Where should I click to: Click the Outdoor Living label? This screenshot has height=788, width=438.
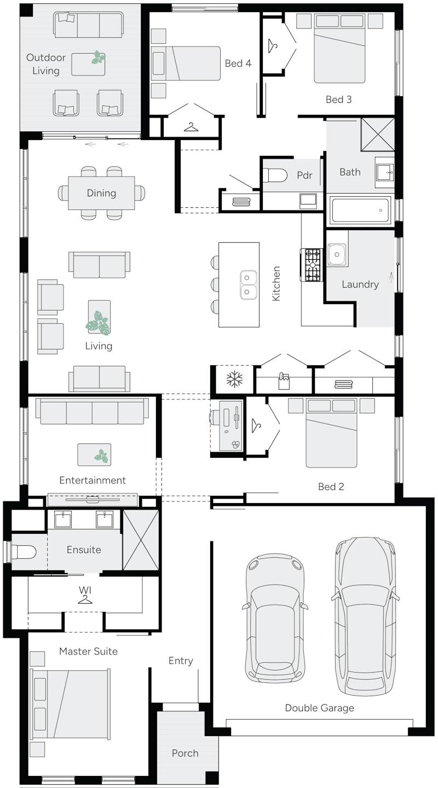(x=46, y=64)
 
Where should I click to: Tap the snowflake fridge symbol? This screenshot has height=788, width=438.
(x=234, y=379)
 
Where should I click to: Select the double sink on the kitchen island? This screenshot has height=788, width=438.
(x=248, y=285)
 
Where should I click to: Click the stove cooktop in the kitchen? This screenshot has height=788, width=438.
(x=313, y=265)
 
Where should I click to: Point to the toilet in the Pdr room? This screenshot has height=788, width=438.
(x=275, y=175)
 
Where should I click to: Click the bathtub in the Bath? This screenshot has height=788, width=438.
(x=360, y=210)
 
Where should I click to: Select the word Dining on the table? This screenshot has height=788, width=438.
(x=101, y=193)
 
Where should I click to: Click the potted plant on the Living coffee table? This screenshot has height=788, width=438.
(x=99, y=323)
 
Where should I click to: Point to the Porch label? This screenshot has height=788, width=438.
(x=185, y=753)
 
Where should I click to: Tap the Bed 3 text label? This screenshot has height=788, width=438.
(x=338, y=100)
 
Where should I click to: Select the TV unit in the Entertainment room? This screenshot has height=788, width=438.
(x=93, y=499)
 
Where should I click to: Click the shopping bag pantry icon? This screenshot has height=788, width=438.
(x=283, y=380)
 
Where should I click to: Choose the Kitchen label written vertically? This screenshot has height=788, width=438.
(x=276, y=283)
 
